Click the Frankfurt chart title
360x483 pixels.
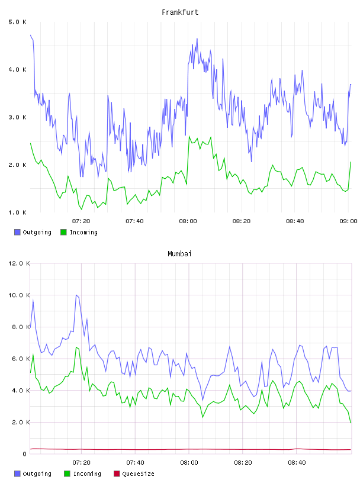point(180,12)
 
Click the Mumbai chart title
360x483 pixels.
point(179,253)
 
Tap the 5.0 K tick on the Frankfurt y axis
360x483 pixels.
point(18,22)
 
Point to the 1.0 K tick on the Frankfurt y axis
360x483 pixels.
point(18,212)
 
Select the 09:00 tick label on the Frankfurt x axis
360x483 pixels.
point(348,221)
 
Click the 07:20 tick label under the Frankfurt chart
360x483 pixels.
point(81,221)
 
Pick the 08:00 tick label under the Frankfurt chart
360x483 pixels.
point(188,221)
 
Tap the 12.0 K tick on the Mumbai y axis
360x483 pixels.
point(19,263)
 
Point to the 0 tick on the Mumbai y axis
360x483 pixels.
point(25,454)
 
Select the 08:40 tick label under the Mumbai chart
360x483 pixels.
point(297,462)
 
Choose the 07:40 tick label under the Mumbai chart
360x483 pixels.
point(135,462)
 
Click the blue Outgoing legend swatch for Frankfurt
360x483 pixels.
point(17,232)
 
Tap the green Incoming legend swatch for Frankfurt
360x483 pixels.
point(63,232)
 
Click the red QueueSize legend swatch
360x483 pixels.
point(117,474)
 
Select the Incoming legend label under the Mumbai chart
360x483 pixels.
point(87,474)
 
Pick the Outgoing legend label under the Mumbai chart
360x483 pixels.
point(37,474)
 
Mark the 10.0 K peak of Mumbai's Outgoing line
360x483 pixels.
point(76,295)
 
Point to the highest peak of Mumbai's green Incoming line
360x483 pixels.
point(76,347)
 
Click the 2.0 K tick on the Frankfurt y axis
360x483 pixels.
point(18,165)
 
